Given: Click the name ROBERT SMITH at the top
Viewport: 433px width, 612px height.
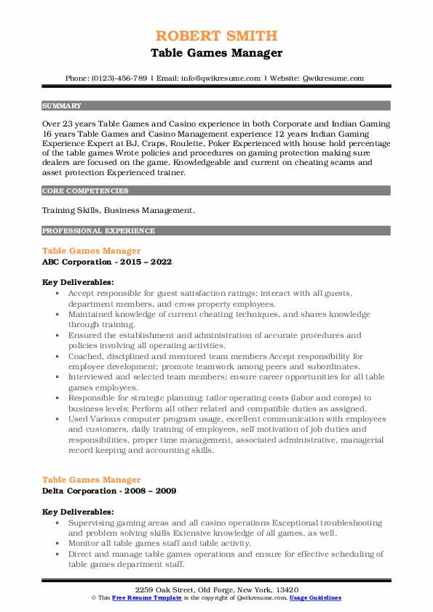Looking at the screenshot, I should [x=216, y=37].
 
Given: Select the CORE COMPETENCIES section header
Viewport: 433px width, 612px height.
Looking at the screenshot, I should [x=85, y=191].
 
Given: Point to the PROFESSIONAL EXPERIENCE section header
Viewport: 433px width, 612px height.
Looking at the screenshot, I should [x=98, y=230].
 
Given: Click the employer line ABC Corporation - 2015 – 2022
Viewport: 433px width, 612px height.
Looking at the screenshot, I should [x=107, y=262].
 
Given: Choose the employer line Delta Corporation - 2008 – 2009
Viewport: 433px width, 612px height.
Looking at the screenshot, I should [x=110, y=490].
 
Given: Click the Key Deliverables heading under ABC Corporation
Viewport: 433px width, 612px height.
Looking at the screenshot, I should [x=78, y=281].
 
